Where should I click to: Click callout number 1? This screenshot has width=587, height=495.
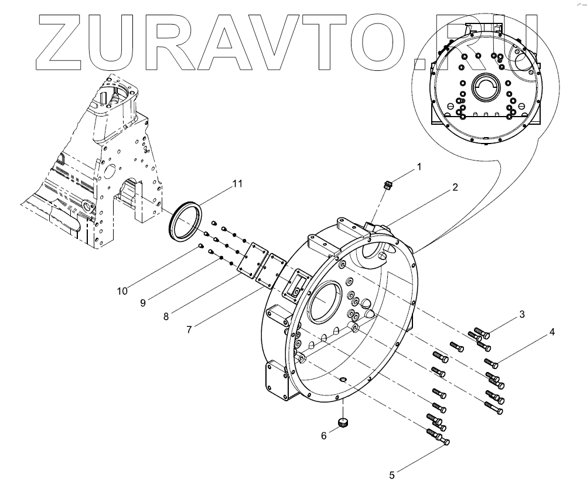tap(419, 166)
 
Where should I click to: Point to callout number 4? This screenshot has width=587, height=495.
tap(551, 332)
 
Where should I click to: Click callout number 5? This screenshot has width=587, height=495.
tap(392, 475)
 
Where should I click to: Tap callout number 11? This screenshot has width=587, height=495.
tap(237, 183)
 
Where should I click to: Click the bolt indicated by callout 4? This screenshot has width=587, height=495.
tap(492, 363)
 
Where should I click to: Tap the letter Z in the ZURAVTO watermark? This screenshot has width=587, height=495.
tap(59, 41)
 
